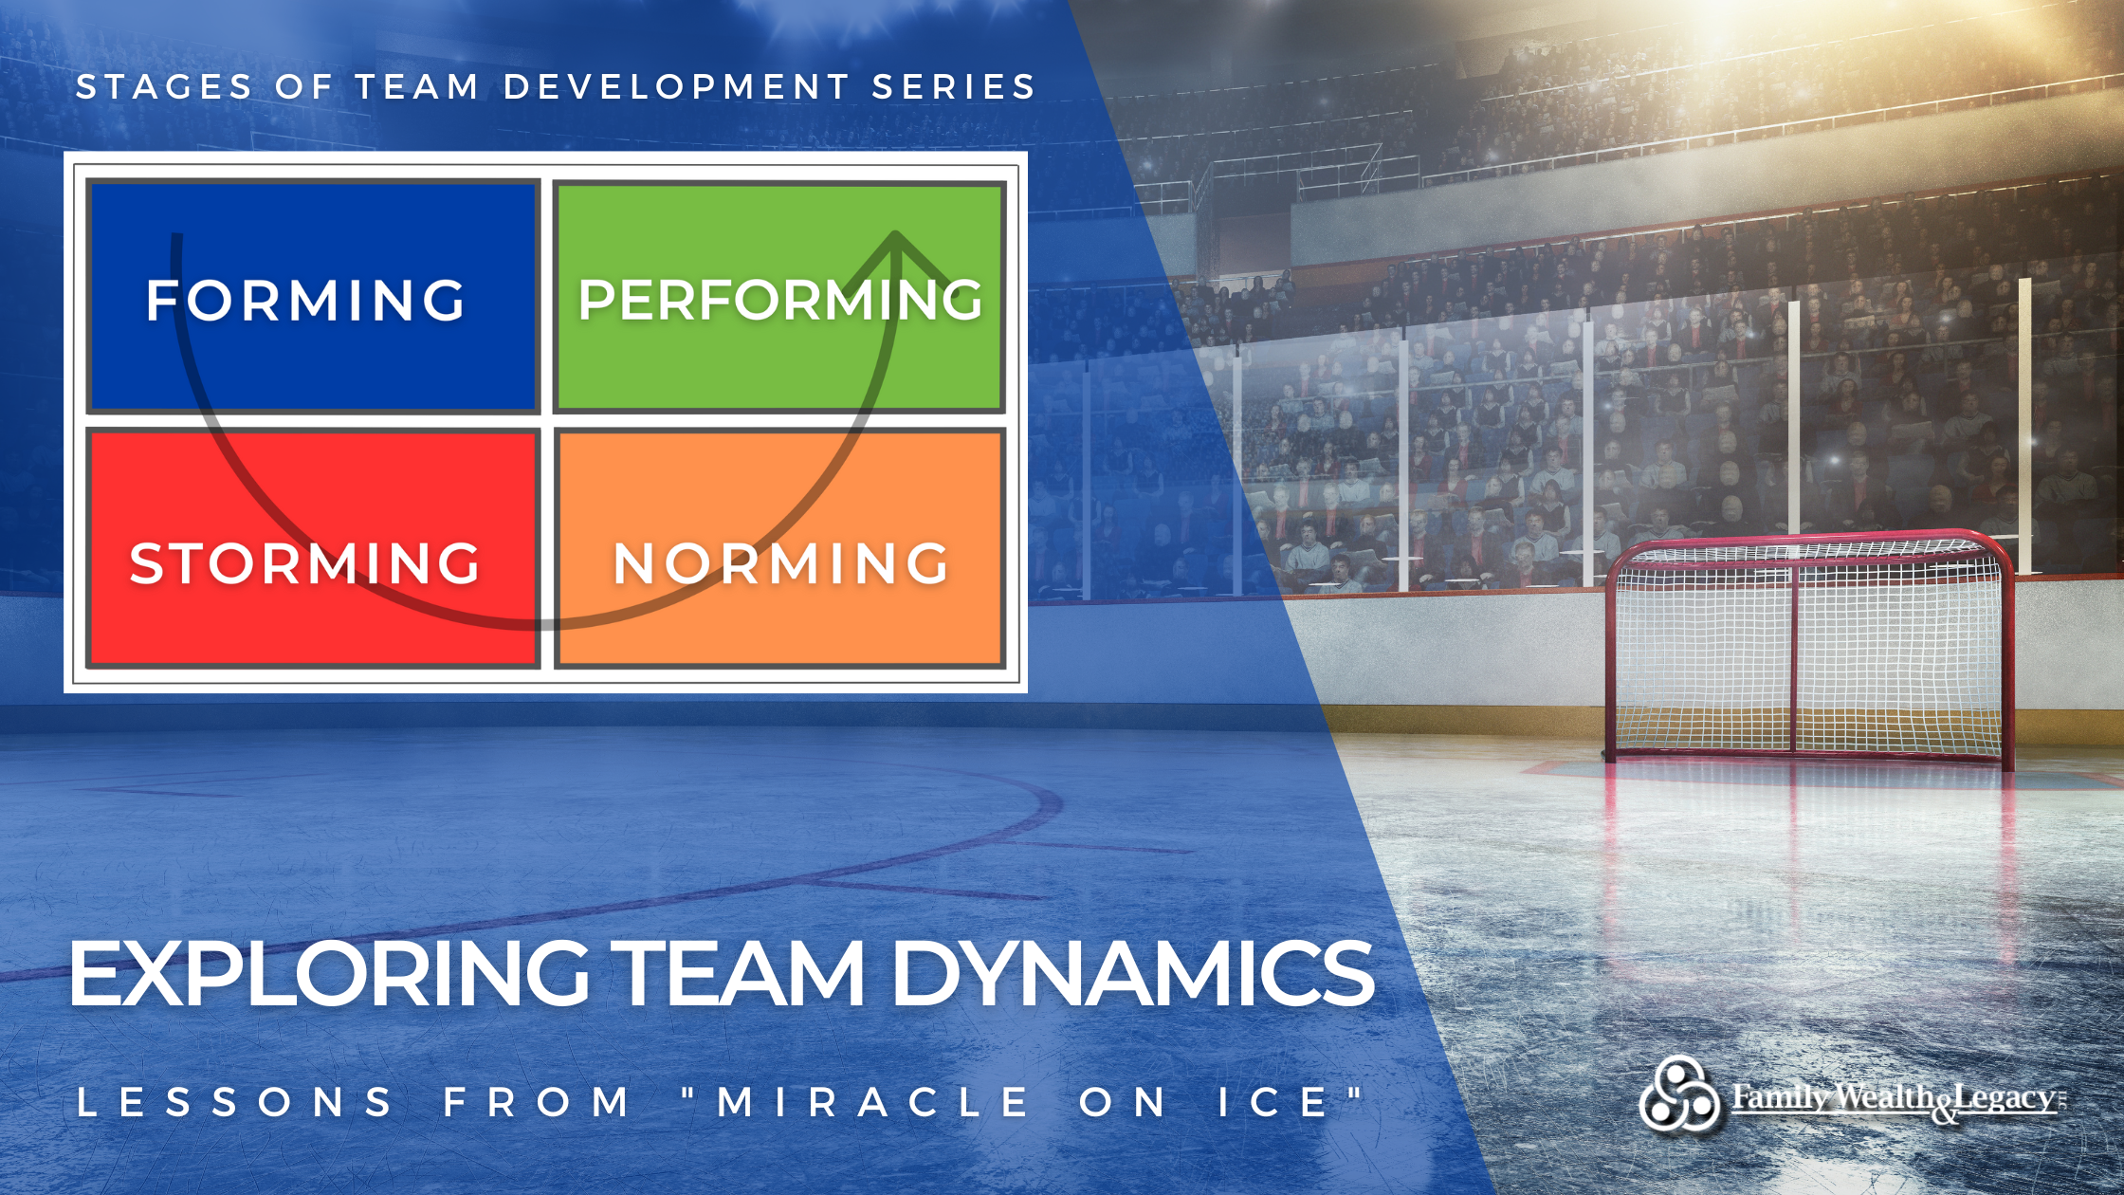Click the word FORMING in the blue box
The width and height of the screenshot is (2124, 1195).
(x=305, y=300)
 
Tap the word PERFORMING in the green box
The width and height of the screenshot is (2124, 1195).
(x=780, y=300)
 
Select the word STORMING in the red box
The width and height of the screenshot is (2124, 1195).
(x=305, y=563)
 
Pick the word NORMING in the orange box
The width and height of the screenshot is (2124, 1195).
(x=780, y=563)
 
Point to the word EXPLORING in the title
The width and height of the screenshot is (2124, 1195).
(x=328, y=974)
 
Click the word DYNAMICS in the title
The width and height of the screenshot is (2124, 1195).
(x=1132, y=974)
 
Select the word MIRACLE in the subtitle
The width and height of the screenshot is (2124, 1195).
(x=872, y=1102)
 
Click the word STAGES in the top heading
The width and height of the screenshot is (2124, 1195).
(x=164, y=87)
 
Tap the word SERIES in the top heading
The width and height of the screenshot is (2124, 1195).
(x=954, y=87)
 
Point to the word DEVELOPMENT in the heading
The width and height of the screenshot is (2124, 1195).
(x=676, y=87)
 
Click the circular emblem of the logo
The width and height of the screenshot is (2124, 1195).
(x=1679, y=1095)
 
